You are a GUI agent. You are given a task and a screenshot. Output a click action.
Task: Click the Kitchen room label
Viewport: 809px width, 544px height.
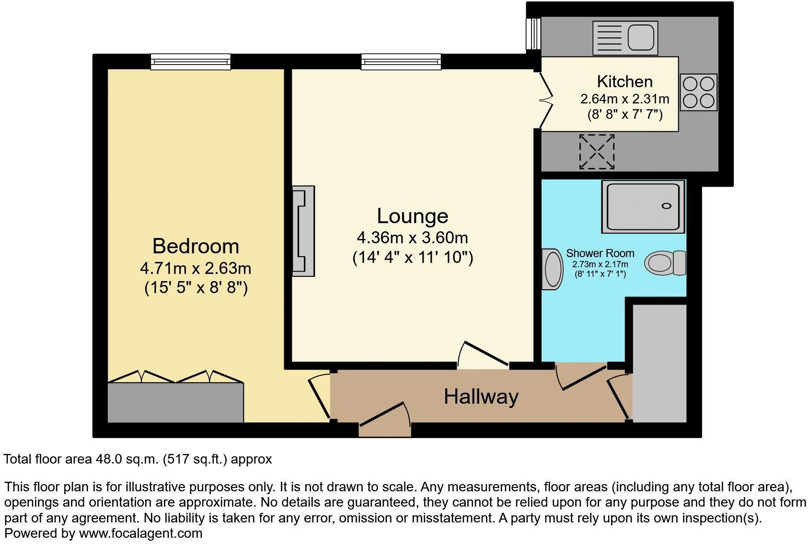click(624, 81)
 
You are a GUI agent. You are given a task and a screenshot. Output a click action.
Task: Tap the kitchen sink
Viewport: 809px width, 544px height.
click(625, 38)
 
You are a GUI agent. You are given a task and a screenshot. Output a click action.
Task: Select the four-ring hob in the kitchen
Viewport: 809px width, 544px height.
click(698, 92)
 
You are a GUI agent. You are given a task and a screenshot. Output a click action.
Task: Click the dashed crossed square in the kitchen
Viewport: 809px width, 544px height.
click(597, 151)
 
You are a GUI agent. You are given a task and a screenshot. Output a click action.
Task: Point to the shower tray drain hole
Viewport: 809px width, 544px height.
click(666, 206)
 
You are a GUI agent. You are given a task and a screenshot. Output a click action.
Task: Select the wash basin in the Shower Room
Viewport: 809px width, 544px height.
click(552, 269)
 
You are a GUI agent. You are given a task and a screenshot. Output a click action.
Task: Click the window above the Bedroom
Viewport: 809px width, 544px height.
click(190, 61)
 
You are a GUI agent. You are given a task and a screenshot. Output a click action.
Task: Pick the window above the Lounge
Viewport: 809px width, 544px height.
click(401, 61)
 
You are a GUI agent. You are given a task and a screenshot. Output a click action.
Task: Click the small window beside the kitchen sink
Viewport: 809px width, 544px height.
click(532, 34)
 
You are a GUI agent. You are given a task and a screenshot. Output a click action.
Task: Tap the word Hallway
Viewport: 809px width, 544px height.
click(481, 397)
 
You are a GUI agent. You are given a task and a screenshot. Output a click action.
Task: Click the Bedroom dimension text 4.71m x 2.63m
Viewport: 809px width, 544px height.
click(196, 268)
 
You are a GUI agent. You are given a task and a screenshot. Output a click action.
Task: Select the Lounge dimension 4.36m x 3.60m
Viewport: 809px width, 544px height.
click(412, 238)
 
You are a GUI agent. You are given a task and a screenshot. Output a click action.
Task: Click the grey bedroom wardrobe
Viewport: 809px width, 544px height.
click(175, 402)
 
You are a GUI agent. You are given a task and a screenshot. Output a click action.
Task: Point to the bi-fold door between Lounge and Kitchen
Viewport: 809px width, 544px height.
click(545, 100)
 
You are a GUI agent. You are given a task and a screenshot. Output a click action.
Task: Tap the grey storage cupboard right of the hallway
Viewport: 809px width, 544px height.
click(659, 363)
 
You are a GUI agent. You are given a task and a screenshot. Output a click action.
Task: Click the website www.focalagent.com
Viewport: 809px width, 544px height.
click(140, 533)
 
